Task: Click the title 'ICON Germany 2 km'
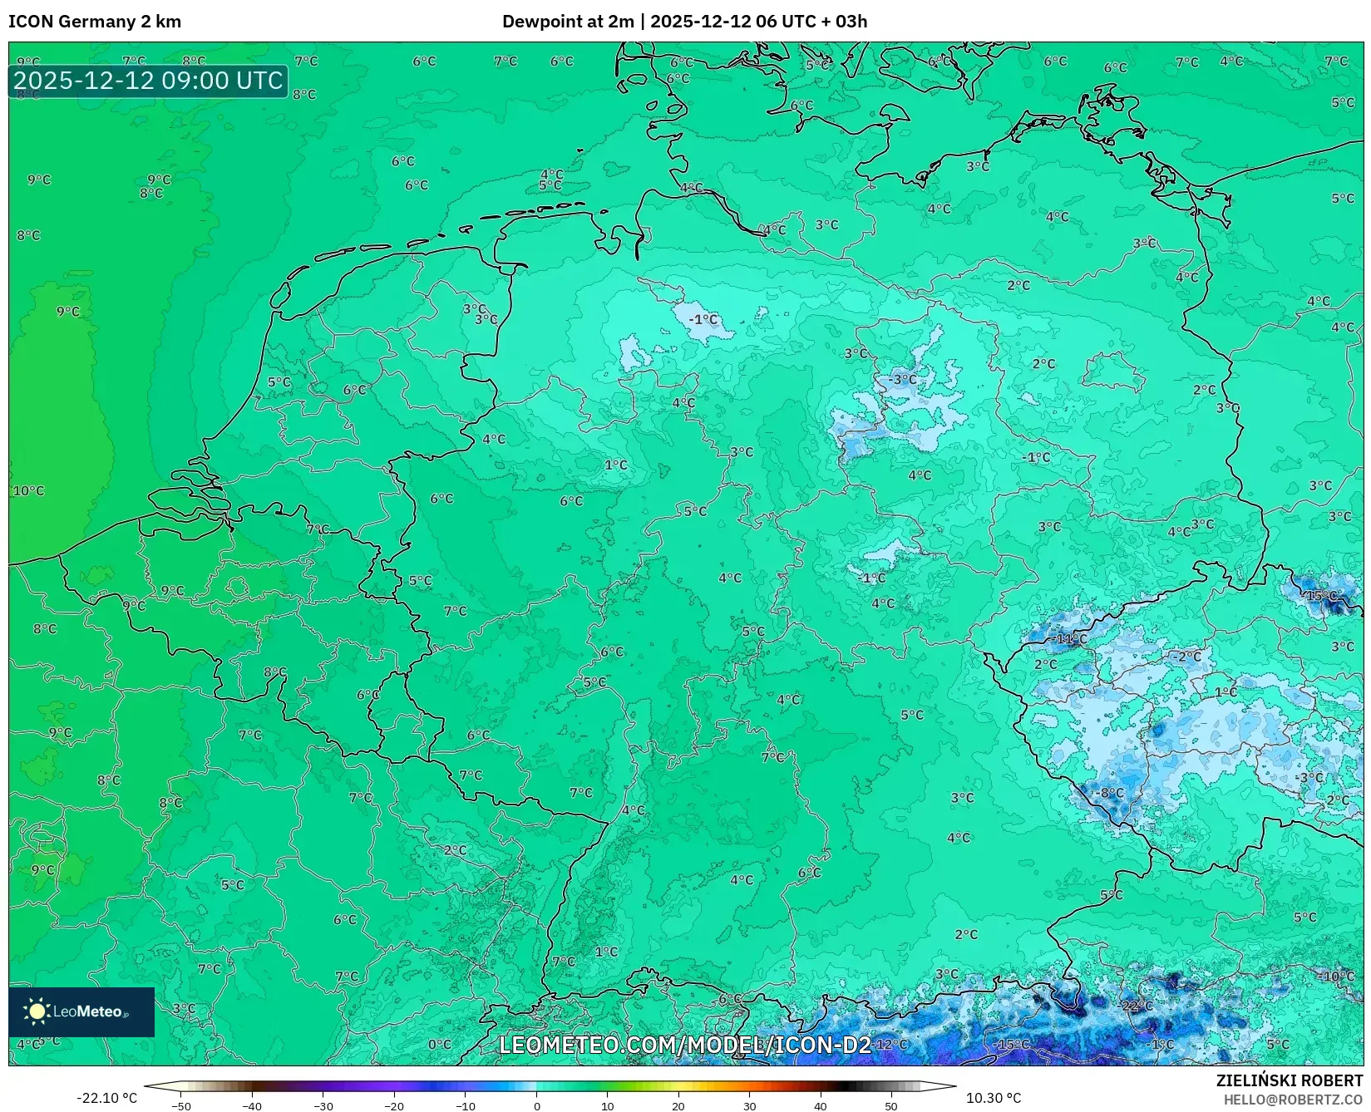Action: [95, 22]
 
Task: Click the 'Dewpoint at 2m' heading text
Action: [568, 22]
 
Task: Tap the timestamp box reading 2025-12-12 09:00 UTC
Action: [148, 81]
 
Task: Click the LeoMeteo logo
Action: [81, 1011]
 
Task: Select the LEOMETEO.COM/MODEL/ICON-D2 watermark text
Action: [684, 1045]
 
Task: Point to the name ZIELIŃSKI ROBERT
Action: [1290, 1080]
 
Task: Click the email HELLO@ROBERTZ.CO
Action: [1293, 1100]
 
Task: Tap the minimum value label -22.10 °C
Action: [106, 1098]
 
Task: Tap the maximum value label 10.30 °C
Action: [994, 1098]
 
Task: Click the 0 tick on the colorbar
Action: [537, 1105]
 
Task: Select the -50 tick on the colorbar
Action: [181, 1105]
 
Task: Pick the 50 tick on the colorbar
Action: [891, 1105]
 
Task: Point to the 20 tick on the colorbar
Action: [678, 1105]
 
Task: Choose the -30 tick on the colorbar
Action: [323, 1105]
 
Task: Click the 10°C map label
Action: [28, 491]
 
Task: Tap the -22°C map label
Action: [1137, 1006]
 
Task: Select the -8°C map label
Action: [1112, 793]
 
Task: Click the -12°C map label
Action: [890, 1044]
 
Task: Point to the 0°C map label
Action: [440, 1044]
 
